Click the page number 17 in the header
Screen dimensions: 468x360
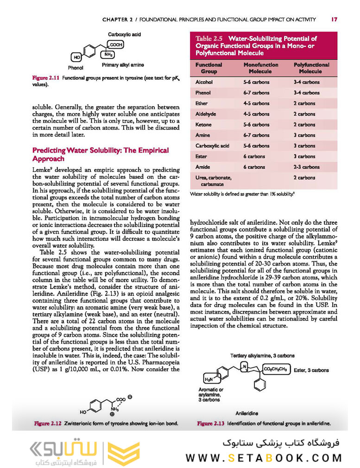(334, 19)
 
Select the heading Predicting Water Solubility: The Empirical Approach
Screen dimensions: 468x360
(100, 154)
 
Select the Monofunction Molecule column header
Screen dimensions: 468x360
(261, 68)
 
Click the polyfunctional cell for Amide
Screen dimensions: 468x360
(306, 167)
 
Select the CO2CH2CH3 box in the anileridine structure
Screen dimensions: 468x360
(277, 369)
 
